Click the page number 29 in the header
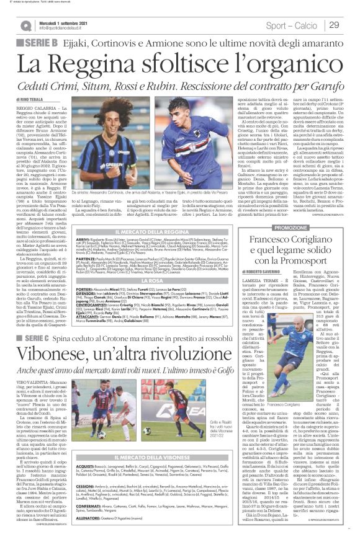333,24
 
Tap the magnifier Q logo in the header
27,25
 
